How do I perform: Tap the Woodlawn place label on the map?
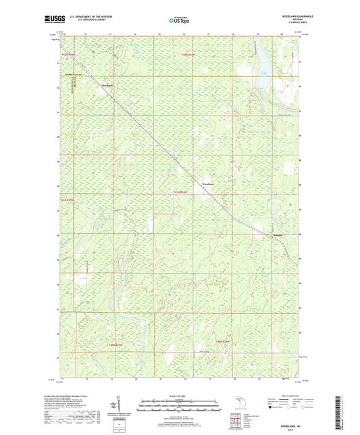pos(209,183)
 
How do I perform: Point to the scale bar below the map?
pos(180,407)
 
